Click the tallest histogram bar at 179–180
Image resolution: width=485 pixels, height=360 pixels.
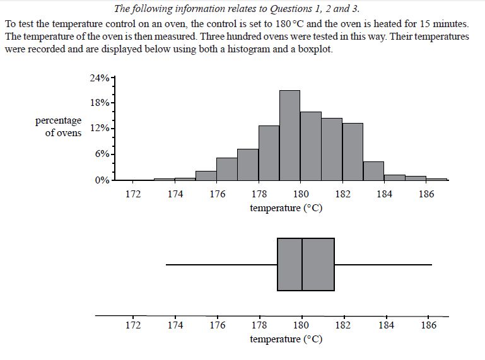289,136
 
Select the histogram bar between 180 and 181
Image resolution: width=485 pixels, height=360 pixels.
310,146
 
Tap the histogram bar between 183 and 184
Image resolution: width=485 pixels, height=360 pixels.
373,171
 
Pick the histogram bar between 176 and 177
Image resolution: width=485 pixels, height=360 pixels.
226,169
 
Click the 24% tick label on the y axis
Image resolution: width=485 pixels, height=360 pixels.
99,79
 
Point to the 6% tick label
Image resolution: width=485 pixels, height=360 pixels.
102,154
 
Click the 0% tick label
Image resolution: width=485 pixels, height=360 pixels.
102,180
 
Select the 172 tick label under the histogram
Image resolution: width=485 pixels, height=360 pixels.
133,194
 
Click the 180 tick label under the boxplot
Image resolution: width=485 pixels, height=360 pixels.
301,325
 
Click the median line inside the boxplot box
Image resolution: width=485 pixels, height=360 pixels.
302,264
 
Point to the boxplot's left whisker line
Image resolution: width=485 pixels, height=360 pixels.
221,265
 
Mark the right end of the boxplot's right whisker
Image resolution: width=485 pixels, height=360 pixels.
431,265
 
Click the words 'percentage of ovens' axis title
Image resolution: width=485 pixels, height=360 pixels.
59,126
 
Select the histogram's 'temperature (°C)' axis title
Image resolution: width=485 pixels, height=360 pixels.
286,208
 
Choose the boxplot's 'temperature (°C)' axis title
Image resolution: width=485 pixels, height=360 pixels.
286,339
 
